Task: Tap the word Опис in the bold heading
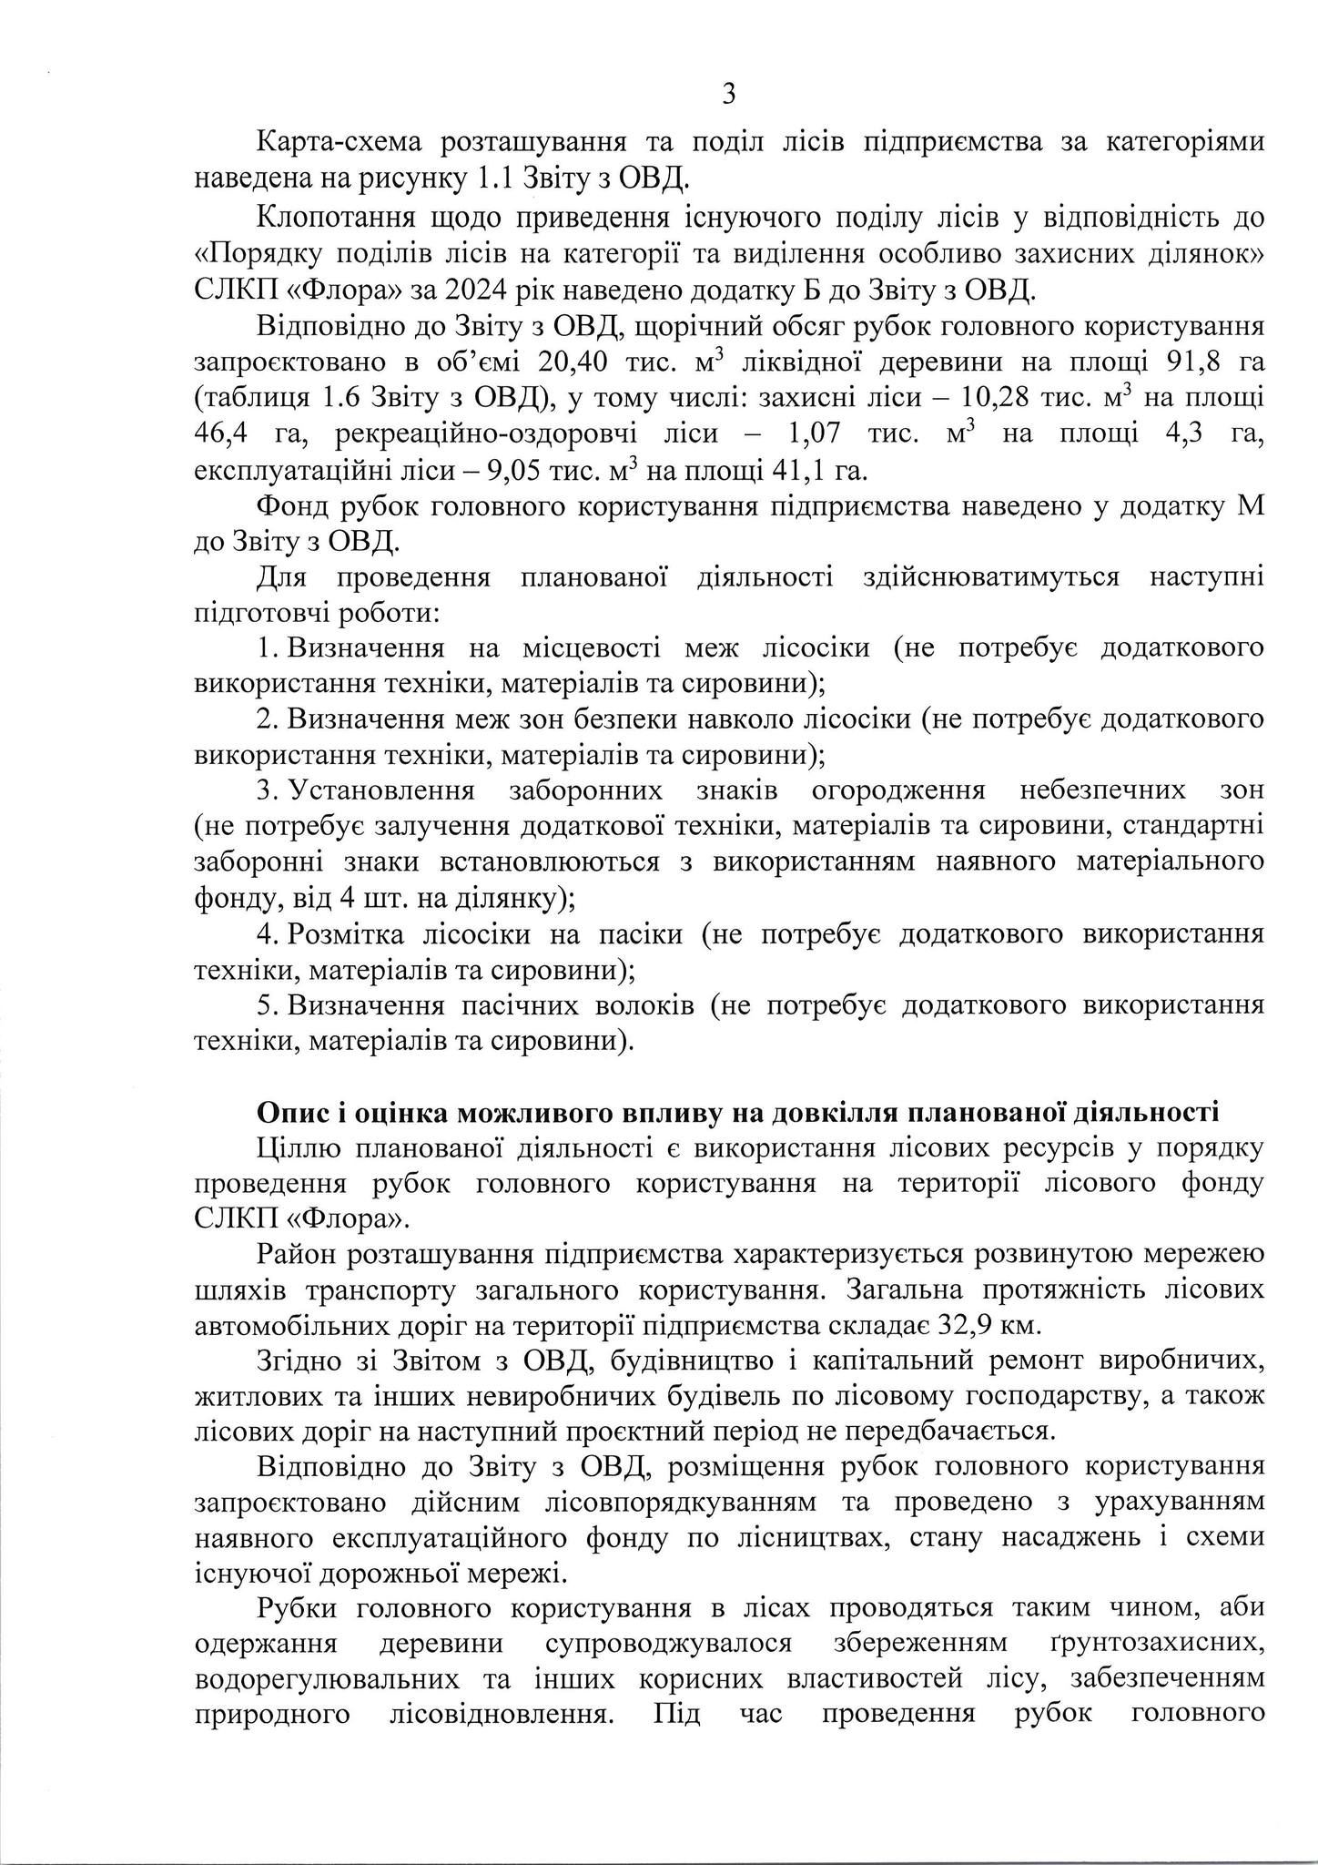[x=289, y=1113]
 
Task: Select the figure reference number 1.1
[x=496, y=179]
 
